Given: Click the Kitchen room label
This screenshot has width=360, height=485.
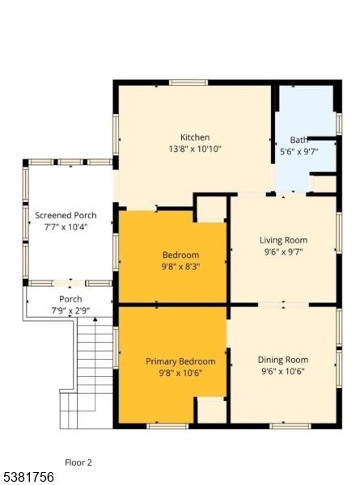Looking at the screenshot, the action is [195, 137].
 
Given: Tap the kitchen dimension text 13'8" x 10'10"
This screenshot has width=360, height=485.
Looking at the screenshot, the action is [195, 149].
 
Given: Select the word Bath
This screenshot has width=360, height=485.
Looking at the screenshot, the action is [299, 140].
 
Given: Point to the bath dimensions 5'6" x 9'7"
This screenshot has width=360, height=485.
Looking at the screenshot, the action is [299, 152].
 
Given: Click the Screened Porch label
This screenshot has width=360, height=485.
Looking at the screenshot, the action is [66, 216].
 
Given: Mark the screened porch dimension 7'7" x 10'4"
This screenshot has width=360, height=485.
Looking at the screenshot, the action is [66, 227].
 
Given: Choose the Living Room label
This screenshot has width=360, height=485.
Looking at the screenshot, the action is [283, 240].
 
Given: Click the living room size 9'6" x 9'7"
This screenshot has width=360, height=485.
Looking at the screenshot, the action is [283, 251].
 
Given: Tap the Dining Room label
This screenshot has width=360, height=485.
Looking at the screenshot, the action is [283, 360].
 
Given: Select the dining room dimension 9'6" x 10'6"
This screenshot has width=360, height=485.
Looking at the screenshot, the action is [283, 371].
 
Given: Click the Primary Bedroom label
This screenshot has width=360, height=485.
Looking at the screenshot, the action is [180, 361].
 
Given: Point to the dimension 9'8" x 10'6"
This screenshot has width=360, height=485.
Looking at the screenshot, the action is [180, 373].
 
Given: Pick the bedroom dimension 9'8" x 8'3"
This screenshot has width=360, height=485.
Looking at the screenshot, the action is [180, 267].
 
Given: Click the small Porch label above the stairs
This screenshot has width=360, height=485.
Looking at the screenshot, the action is [70, 299].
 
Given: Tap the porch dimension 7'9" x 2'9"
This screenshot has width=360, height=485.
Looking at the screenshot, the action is [70, 310].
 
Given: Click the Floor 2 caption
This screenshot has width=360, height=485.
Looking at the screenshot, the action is [78, 462].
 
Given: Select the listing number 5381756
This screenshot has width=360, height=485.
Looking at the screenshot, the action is [28, 477].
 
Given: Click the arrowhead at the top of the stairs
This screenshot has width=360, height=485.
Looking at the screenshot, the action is [95, 319].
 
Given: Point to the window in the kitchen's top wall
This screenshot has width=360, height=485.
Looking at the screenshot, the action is [188, 82].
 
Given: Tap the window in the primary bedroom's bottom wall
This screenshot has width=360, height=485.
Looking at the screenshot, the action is [167, 426].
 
